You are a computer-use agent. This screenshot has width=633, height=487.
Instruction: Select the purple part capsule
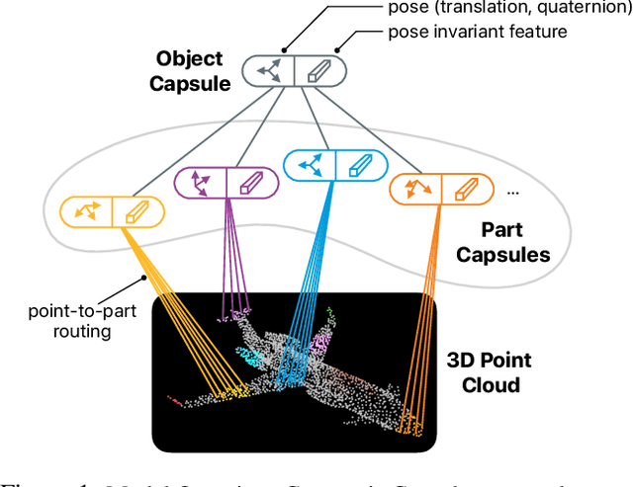pos(226,184)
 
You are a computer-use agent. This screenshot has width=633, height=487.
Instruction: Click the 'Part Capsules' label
pos(515,241)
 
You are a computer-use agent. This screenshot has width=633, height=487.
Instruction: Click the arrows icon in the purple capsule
pos(200,184)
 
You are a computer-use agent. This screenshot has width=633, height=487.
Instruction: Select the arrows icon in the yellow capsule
pos(85,210)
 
